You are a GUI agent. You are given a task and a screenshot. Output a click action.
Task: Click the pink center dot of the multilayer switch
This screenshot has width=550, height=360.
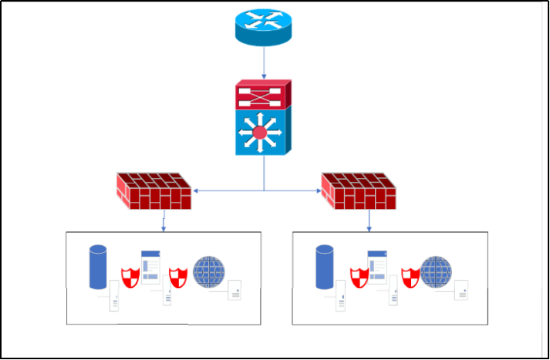260,133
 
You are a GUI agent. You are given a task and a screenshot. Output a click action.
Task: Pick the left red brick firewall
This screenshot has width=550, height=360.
153,190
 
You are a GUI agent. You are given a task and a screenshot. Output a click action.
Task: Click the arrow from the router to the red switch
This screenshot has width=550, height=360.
264,62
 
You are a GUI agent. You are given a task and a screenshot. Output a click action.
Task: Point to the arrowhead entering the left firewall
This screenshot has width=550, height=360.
194,190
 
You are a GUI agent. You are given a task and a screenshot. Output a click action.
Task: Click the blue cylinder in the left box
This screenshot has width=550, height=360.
98,266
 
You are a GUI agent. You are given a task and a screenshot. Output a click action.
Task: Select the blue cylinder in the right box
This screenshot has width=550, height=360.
325,266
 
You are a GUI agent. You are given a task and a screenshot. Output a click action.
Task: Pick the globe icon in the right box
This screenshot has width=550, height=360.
435,272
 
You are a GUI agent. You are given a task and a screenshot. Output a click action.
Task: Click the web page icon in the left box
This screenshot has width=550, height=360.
150,267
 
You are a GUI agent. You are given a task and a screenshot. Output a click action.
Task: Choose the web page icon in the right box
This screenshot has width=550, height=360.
377,267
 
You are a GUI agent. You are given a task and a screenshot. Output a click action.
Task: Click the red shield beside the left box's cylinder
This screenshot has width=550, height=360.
130,276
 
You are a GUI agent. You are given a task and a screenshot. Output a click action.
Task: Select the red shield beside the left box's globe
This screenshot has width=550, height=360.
178,276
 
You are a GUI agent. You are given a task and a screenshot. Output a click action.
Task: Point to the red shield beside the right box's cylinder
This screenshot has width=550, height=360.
359,276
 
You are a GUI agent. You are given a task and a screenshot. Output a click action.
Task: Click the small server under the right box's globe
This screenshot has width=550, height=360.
461,291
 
